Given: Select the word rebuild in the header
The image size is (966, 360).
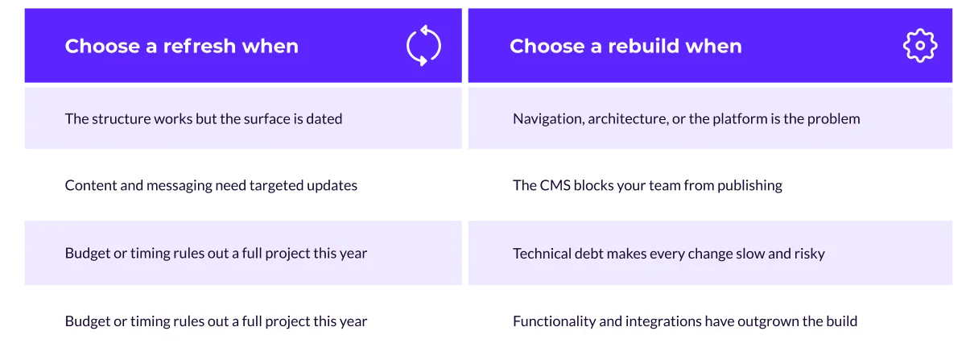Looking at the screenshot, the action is pos(643,46).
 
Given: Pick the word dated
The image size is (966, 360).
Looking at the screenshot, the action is pos(324,118).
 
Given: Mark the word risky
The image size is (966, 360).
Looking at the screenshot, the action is pos(810,254).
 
